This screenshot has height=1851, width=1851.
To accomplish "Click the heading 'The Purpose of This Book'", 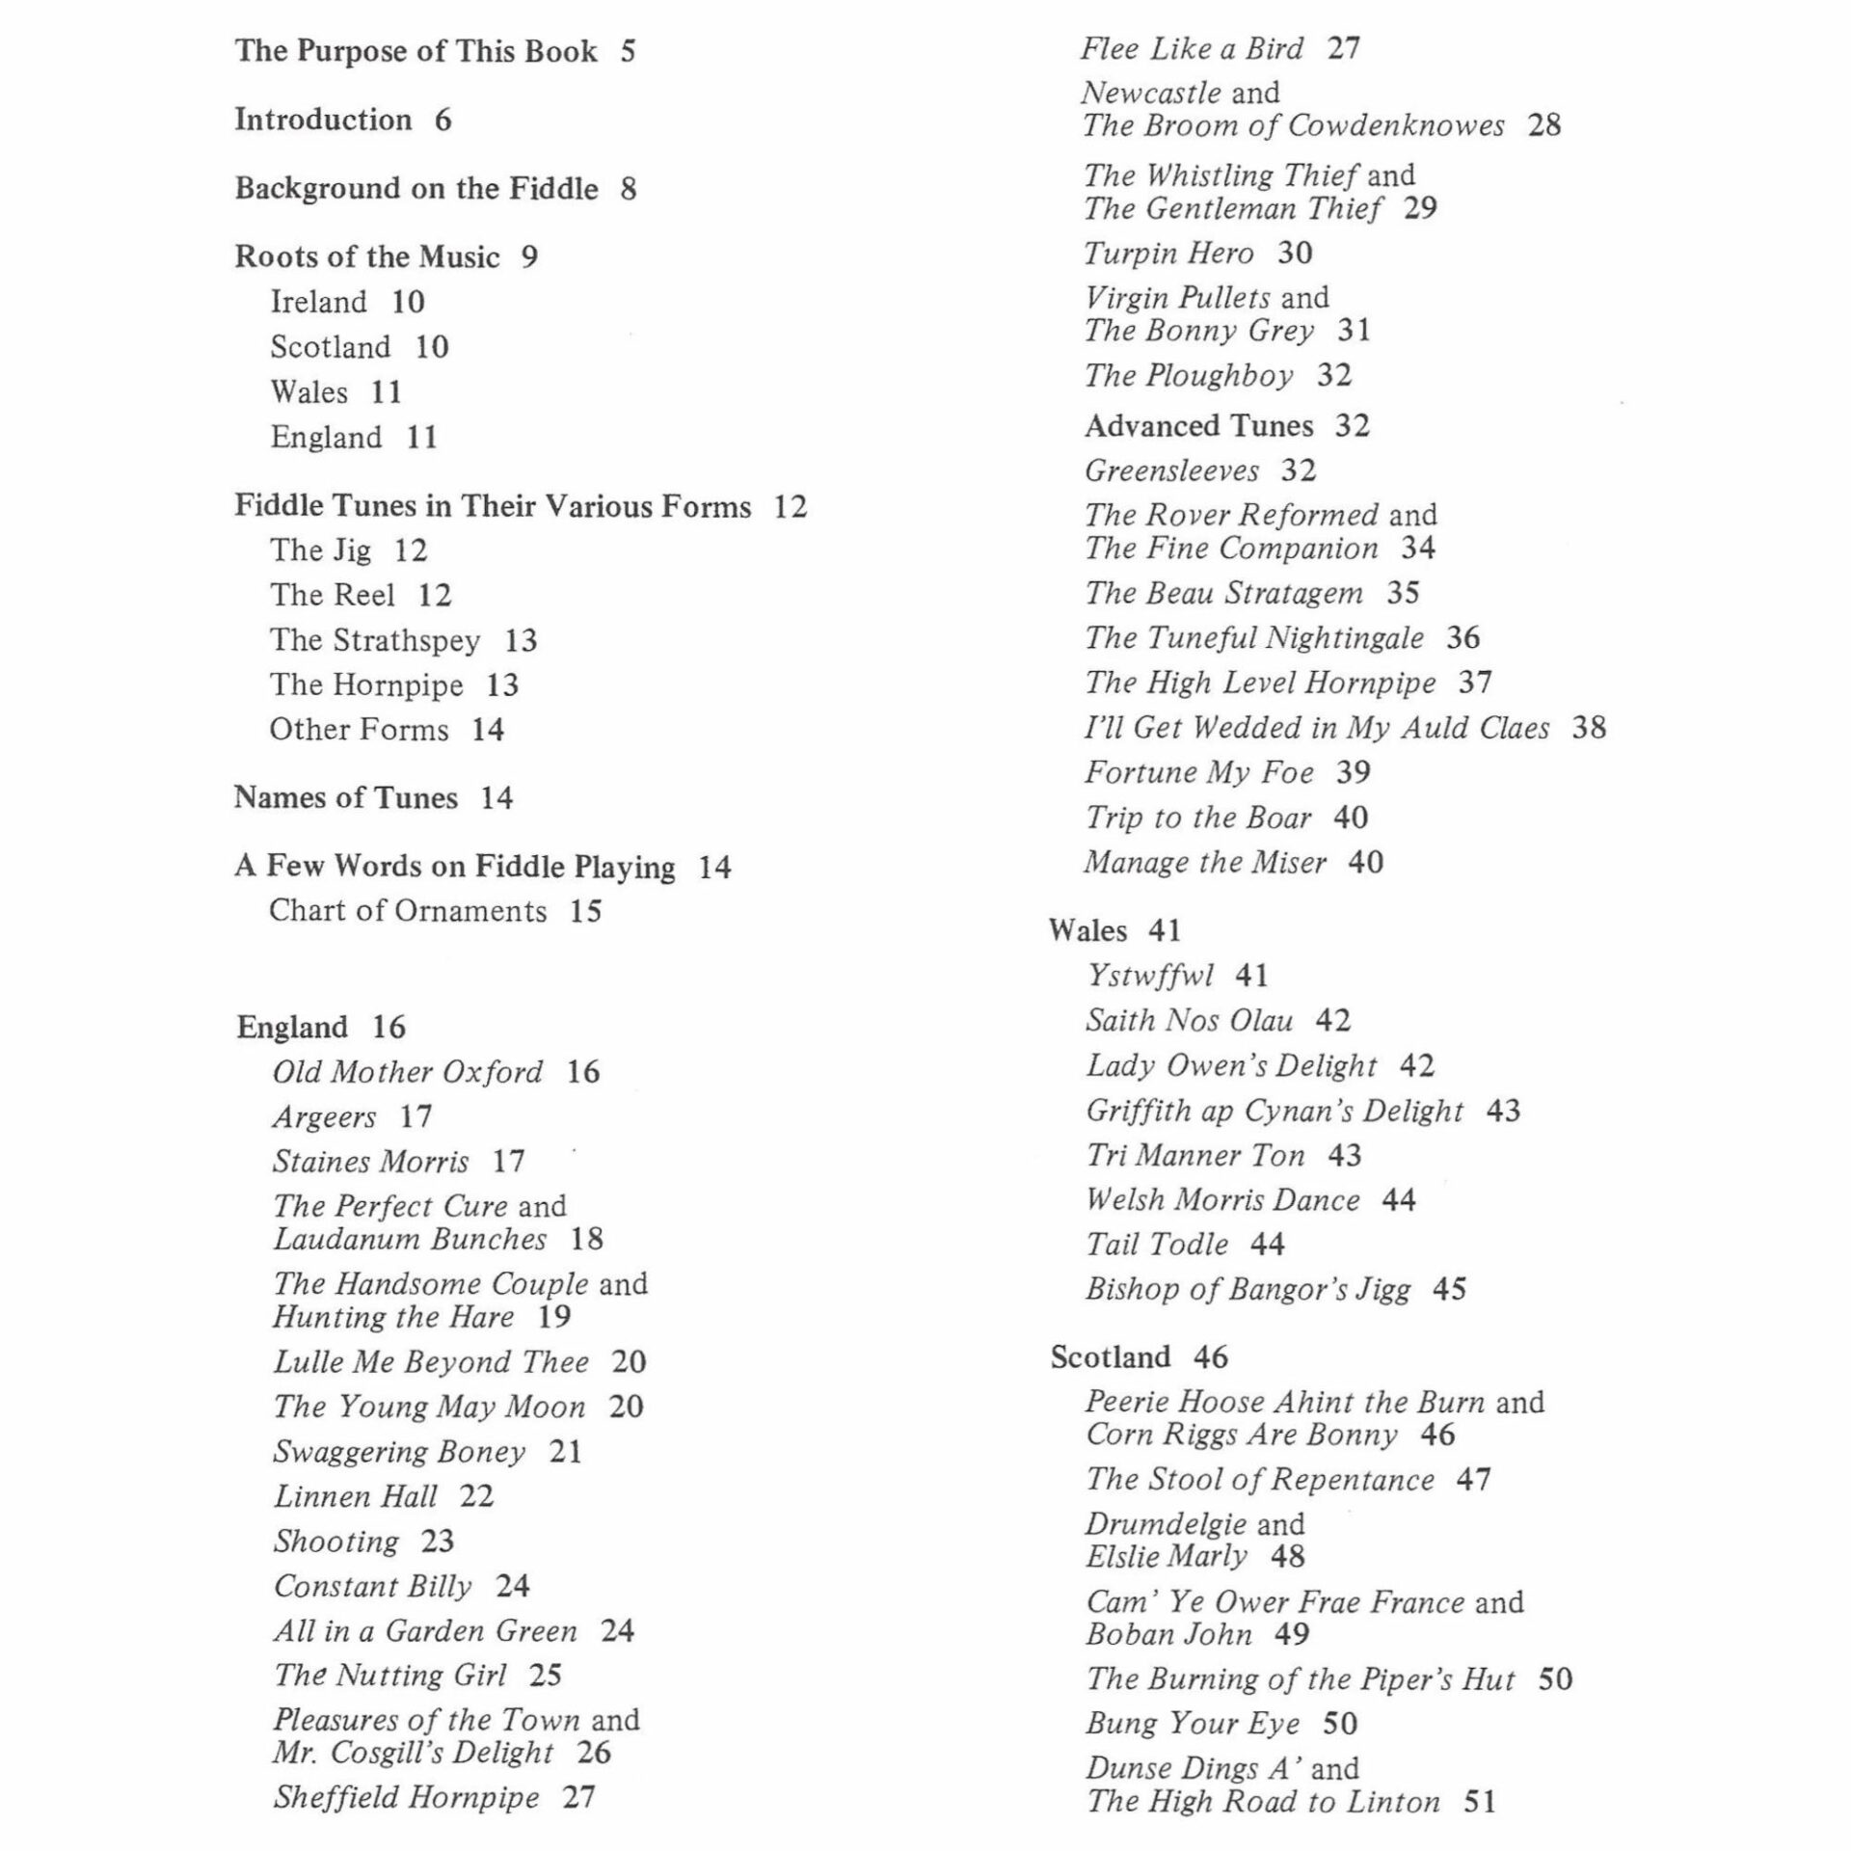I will (x=416, y=51).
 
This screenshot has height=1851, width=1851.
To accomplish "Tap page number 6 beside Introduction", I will (x=443, y=121).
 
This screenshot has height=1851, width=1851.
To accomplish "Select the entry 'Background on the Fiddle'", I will (x=416, y=189).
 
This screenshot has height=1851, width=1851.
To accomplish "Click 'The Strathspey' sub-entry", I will (x=375, y=640).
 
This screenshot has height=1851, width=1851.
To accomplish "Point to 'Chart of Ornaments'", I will (x=408, y=911).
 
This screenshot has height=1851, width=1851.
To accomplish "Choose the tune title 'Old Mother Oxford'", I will (x=408, y=1072).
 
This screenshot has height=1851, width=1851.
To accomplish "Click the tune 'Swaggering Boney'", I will (x=400, y=1452).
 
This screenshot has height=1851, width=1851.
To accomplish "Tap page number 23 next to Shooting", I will (x=438, y=1542).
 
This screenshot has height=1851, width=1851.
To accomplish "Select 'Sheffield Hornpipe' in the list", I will (x=407, y=1798).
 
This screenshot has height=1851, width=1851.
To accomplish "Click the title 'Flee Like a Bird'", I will (x=1192, y=48).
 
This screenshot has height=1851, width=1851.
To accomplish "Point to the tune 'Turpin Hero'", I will (x=1169, y=254).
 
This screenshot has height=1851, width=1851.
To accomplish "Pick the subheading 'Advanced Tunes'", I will (x=1199, y=426).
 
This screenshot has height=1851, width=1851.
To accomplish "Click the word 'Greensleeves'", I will (x=1172, y=470).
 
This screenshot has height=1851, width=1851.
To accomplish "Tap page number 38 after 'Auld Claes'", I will (x=1590, y=728).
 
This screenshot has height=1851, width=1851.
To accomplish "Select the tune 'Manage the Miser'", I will (x=1206, y=862).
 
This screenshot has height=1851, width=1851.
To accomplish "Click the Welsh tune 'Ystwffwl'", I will (x=1151, y=976).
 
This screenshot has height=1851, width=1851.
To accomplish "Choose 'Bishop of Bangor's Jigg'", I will (x=1248, y=1290).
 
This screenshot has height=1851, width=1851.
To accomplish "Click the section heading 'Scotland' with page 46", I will (x=1111, y=1357).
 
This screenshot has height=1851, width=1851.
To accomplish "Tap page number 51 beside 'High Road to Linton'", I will (x=1480, y=1802).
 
